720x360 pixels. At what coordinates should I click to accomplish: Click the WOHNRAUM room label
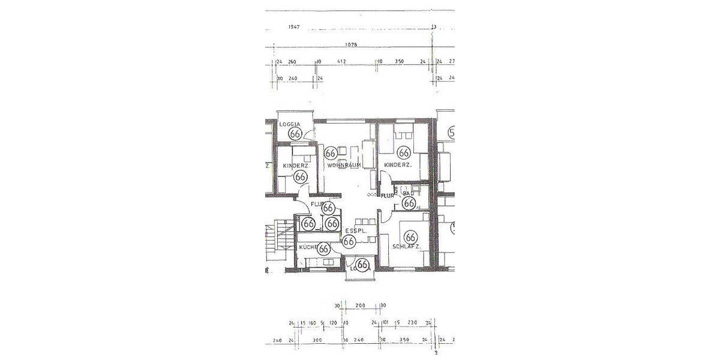tap(344, 165)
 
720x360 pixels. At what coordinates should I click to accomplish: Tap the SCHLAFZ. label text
tap(406, 247)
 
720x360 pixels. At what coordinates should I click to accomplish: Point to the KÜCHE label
tap(308, 247)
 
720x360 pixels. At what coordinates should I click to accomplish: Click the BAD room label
tap(409, 194)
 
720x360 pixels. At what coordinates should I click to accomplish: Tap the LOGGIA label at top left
tap(290, 124)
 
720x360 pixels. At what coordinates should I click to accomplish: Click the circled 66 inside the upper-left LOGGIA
tap(295, 133)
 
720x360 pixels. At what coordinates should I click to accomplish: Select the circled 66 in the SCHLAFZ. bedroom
tap(411, 237)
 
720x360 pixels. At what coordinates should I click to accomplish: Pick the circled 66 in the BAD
tap(409, 203)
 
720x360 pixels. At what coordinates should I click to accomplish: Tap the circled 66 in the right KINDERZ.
tap(404, 154)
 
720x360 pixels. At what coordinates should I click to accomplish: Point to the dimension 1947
tap(294, 27)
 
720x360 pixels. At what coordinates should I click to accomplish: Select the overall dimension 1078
tap(351, 45)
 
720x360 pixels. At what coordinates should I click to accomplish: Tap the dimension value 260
tap(292, 62)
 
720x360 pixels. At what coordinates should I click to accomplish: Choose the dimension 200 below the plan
tap(360, 305)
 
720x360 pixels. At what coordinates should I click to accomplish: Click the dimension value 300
tap(317, 340)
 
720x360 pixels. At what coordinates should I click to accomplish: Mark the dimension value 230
tap(412, 323)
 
